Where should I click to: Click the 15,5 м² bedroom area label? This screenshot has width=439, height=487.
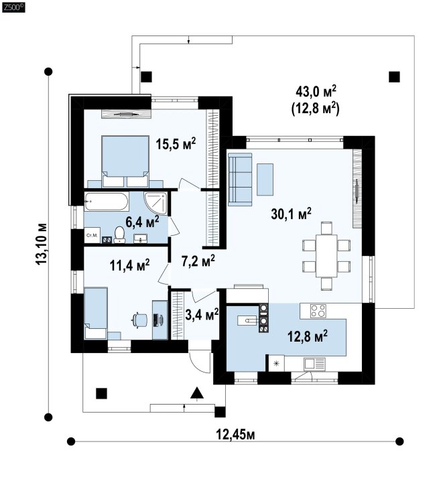pos(176,143)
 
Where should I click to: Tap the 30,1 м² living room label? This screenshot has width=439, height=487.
pos(291,214)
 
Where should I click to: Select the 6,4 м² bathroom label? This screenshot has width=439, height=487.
pos(142,222)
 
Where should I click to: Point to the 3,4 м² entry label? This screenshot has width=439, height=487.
pos(202,314)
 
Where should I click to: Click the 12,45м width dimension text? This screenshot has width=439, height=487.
pos(235,435)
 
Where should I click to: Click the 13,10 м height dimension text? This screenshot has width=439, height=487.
pos(42,244)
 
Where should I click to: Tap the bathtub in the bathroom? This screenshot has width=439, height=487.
pos(107,202)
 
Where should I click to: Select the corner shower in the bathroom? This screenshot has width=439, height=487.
pos(156,204)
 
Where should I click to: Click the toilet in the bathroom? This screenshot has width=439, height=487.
pos(119,235)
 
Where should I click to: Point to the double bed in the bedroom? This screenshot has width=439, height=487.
pos(125,161)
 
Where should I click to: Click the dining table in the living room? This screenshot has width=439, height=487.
pos(326,256)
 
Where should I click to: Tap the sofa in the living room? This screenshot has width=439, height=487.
pos(240,180)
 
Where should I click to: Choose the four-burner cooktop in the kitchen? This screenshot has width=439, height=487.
pos(318,311)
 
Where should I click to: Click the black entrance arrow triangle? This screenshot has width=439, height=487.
pos(197,393)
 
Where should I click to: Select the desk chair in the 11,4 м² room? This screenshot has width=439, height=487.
pos(139,320)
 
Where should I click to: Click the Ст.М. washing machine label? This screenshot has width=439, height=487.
pos(92,235)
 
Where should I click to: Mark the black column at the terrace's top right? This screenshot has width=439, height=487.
pos(394,77)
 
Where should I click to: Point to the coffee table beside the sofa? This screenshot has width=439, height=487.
pos(265,180)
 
